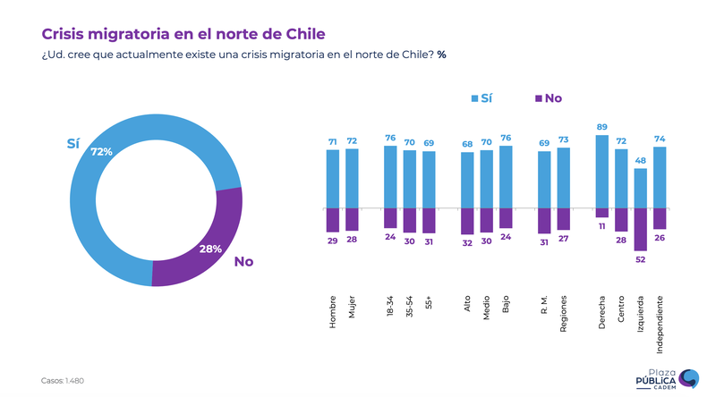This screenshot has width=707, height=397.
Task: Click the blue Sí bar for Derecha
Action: pos(601,172)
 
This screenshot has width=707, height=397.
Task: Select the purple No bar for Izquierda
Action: pos(640,229)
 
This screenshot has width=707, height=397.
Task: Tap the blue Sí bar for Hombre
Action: pos(333,179)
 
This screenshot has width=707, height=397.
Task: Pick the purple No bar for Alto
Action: pos(467,221)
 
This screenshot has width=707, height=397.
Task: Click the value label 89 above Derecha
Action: pos(601,127)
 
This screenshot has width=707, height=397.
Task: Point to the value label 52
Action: pos(640,259)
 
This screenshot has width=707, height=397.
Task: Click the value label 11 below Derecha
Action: pos(601,227)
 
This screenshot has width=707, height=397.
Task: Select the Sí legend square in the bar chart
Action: pos(474,97)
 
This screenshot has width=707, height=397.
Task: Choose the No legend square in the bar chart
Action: pos(537,97)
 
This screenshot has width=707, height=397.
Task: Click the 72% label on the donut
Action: pos(101,152)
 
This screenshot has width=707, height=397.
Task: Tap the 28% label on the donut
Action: pos(210,249)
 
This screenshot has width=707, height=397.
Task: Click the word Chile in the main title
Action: pos(301,33)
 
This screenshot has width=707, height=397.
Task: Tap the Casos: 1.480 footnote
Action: pos(63,381)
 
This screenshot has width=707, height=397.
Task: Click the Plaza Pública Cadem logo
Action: pos(667,379)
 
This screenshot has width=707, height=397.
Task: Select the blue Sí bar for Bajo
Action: pos(506,177)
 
